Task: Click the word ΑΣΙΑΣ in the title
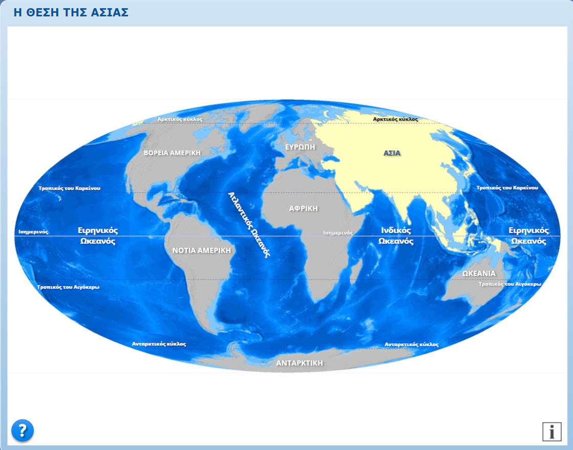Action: (x=111, y=12)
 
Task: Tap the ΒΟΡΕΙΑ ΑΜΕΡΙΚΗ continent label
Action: (x=172, y=153)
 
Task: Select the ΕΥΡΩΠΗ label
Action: (x=300, y=146)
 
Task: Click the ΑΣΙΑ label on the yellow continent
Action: (x=392, y=153)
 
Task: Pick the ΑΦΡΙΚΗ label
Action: (x=303, y=208)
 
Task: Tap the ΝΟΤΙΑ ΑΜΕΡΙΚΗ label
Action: (x=201, y=250)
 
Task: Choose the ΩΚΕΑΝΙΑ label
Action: (x=479, y=273)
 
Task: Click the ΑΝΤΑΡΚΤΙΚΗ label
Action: (x=300, y=362)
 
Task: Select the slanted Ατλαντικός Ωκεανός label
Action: (x=249, y=224)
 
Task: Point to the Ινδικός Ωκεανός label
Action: (x=396, y=236)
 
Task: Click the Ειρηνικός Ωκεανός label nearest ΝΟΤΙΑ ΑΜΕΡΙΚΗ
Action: (x=98, y=235)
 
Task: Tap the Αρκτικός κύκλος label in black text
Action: (x=395, y=119)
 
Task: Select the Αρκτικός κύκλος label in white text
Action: (x=180, y=119)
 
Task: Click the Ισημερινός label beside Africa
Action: (x=338, y=232)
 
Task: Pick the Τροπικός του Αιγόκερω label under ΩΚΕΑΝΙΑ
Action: (x=509, y=283)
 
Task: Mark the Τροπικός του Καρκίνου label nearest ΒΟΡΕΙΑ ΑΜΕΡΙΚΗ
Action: (x=70, y=188)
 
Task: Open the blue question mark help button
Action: (x=23, y=431)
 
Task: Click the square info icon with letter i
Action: (x=551, y=432)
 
